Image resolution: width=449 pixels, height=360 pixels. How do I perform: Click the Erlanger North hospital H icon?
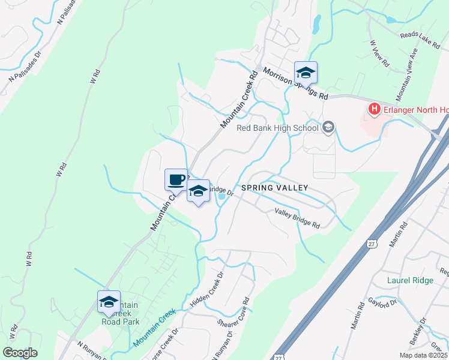[375, 109]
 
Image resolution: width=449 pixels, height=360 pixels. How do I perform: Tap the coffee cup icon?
[176, 179]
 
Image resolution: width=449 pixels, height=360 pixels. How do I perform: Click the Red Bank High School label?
[277, 128]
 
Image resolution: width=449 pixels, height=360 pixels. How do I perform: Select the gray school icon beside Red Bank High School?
[328, 127]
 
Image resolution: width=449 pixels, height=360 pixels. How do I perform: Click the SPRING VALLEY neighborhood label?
[274, 188]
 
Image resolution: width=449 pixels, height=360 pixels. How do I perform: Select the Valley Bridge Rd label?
[297, 217]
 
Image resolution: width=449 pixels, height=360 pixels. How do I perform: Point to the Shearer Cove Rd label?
[233, 313]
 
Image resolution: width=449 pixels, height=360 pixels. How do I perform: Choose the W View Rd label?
[380, 55]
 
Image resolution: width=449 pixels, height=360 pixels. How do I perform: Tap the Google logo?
[20, 353]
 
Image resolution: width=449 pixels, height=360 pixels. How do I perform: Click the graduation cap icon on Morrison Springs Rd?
[306, 73]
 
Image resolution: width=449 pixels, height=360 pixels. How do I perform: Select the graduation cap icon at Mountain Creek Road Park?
[109, 302]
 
